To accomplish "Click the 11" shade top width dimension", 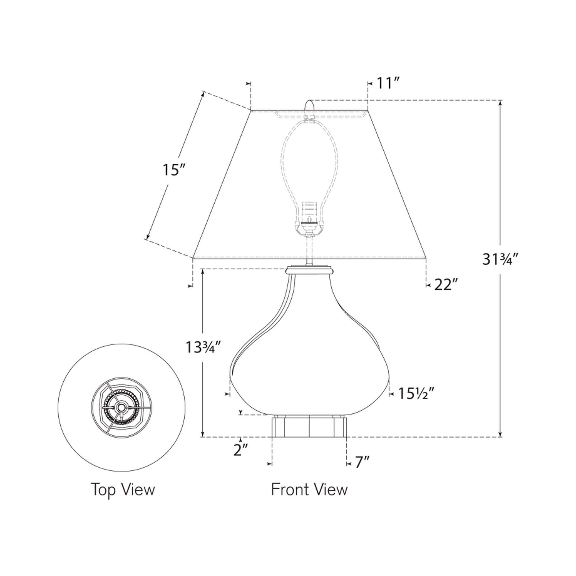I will (x=388, y=83).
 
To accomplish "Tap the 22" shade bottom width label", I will (x=445, y=285).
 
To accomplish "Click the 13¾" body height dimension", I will (x=203, y=347).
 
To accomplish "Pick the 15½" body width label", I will (x=416, y=394).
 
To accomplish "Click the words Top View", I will (x=123, y=490).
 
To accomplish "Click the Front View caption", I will (x=309, y=490).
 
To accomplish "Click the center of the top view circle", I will (x=121, y=407).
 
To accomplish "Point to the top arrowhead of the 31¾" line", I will (x=500, y=102).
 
